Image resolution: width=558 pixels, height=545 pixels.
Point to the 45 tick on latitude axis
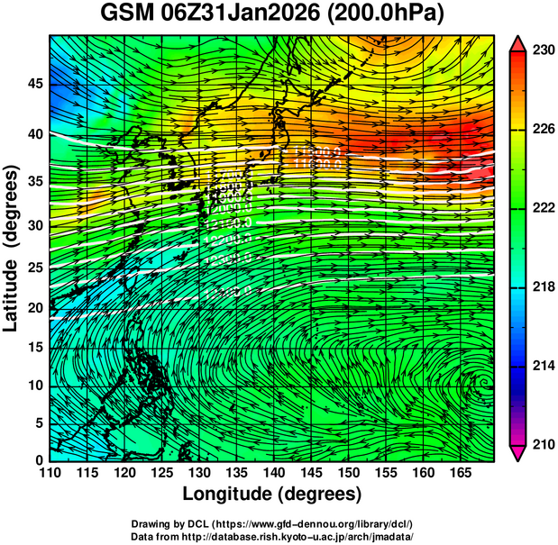tap(33, 85)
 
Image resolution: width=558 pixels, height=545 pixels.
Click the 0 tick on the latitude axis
tap(38, 460)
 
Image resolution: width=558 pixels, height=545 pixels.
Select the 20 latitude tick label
tap(33, 308)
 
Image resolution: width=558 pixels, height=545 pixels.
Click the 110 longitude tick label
tap(50, 473)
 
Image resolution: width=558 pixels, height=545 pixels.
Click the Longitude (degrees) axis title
tap(271, 495)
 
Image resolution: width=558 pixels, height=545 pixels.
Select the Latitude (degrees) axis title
tap(12, 248)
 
